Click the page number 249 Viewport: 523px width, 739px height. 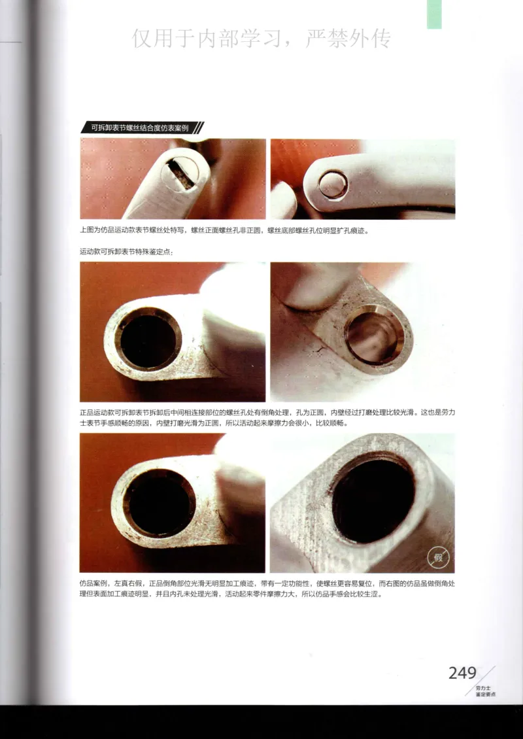(x=462, y=673)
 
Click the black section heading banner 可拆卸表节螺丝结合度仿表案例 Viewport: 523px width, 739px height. (x=138, y=128)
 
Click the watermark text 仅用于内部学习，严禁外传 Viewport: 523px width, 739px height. (x=261, y=39)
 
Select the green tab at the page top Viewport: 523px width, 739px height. (x=434, y=14)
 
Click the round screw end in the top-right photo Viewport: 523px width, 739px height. (x=333, y=184)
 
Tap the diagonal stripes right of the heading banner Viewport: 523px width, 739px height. (x=198, y=128)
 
